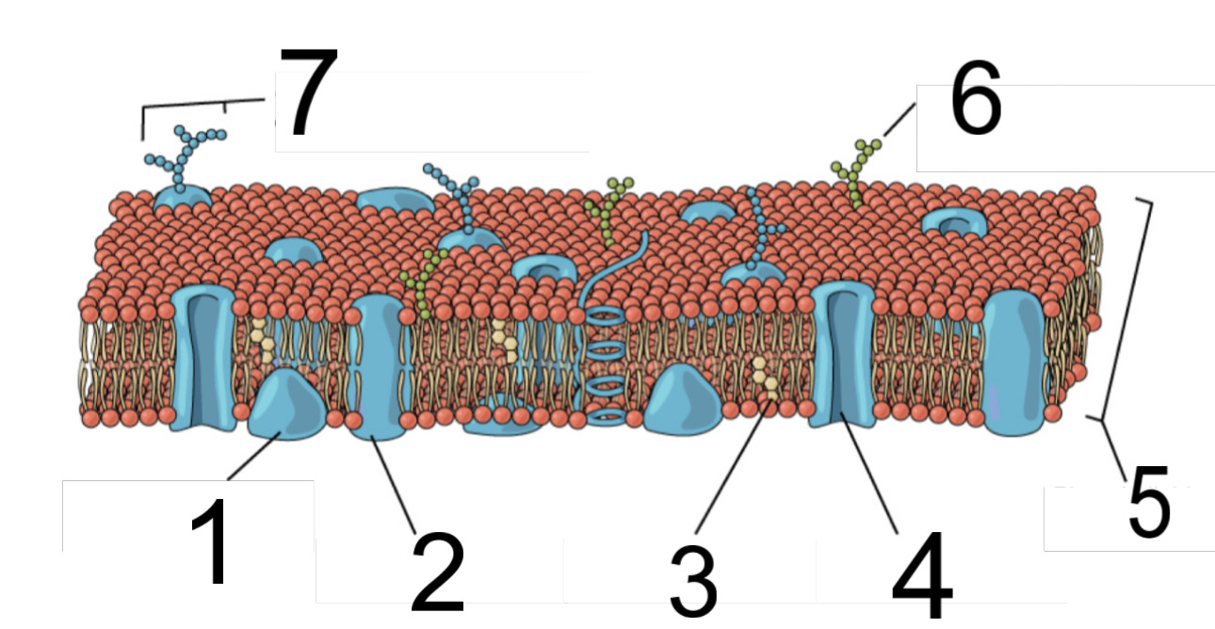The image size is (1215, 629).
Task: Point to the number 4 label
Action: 922,573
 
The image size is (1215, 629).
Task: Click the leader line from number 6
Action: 899,121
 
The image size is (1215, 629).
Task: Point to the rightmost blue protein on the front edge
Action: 1014,363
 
